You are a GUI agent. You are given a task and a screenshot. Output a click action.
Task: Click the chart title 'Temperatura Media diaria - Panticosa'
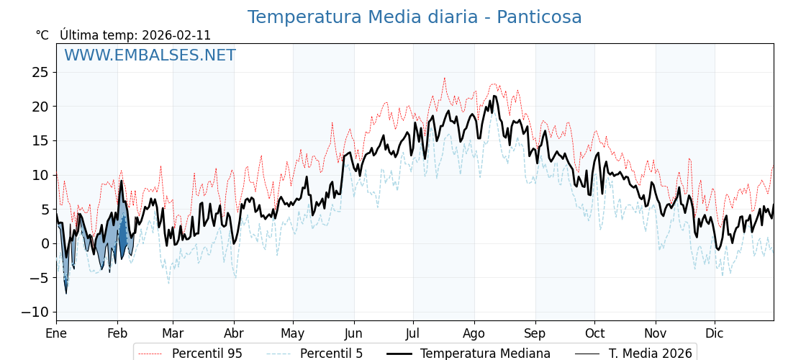coord(415,17)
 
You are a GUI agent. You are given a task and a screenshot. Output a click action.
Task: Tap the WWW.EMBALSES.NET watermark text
coord(150,55)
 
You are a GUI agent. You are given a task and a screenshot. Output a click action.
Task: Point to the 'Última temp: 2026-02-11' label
coord(135,35)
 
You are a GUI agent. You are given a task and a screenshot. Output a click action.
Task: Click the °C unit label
coord(42,35)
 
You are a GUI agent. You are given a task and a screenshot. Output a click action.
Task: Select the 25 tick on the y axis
coord(40,72)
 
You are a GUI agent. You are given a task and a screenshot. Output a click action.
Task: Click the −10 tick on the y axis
coord(35,312)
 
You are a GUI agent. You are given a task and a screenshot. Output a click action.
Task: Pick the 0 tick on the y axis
coord(44,243)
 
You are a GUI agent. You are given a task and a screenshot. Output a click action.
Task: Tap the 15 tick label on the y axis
coord(40,140)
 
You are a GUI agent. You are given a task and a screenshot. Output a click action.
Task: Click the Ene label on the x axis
coord(56,333)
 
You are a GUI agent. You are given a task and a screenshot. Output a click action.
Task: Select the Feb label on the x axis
coord(117,333)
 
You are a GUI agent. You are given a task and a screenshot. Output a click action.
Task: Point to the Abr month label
coord(234,333)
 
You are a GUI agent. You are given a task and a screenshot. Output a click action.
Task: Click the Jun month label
coord(353,333)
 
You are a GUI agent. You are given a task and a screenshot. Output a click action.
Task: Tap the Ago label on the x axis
coord(474,333)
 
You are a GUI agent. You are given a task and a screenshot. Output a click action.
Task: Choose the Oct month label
coord(594,333)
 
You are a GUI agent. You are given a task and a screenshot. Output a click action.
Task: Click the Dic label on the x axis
coord(715,333)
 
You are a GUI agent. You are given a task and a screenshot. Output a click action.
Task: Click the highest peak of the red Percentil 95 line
coord(444,78)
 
